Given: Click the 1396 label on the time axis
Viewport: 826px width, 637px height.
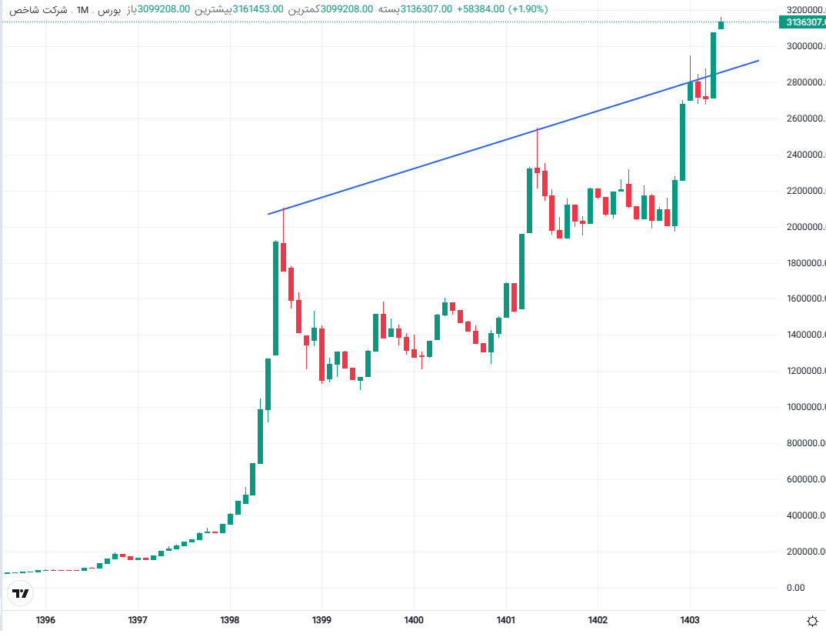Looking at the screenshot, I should (x=45, y=619).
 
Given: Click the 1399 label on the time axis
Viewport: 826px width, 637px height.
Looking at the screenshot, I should (x=321, y=619).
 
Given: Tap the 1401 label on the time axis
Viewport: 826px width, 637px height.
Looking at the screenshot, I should (x=505, y=619).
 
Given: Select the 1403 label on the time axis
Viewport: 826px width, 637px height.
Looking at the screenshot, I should (x=689, y=619).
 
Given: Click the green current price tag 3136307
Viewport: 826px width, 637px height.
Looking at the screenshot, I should (x=804, y=22).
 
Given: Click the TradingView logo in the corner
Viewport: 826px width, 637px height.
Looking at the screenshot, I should (x=21, y=593).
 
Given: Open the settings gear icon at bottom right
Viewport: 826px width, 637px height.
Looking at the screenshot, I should (x=811, y=620).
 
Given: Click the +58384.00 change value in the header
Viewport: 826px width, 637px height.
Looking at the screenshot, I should (x=481, y=9).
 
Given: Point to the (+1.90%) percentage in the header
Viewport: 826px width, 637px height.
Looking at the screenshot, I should (x=528, y=9).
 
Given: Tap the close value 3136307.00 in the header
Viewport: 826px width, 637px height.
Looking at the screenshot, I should (x=426, y=9).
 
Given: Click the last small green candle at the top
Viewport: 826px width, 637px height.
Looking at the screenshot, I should (x=721, y=25).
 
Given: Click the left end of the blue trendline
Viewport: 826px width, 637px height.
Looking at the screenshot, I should (x=268, y=214).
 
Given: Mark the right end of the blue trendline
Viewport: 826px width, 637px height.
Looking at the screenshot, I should (x=758, y=60).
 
